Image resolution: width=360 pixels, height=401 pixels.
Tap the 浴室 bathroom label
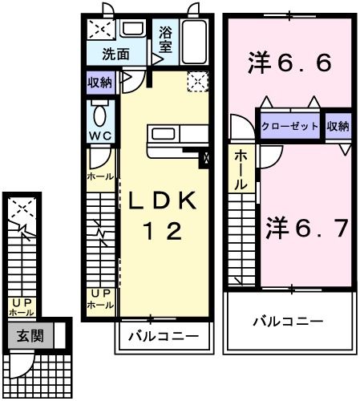coord(166,39)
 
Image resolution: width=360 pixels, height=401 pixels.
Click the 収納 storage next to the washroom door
coord(101,80)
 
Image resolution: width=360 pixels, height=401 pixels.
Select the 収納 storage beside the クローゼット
coord(338,127)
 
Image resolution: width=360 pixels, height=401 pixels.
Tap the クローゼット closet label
coord(290,127)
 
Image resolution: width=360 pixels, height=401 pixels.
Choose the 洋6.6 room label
coord(290,62)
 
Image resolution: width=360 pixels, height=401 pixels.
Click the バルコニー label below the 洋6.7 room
coord(289,322)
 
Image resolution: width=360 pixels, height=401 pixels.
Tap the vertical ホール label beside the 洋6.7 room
coord(241,172)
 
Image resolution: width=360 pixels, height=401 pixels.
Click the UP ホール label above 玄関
coord(20,307)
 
